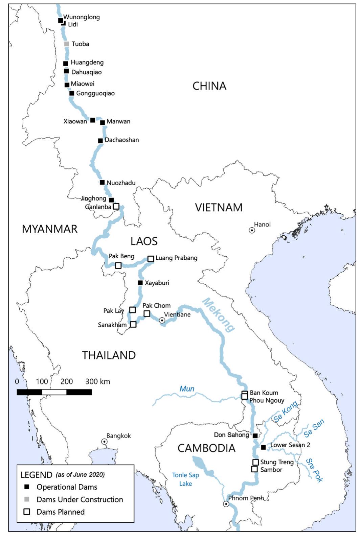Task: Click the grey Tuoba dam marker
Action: click(67, 44)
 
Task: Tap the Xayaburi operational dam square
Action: click(140, 283)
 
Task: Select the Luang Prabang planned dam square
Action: click(151, 259)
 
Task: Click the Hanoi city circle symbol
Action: click(252, 230)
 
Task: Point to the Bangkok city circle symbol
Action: click(105, 442)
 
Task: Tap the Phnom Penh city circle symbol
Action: click(226, 504)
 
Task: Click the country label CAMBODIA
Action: click(206, 448)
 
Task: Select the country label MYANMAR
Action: click(50, 229)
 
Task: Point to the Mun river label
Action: click(187, 389)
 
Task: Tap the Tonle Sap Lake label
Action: click(185, 479)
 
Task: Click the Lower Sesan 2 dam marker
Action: click(263, 447)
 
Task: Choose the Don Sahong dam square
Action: click(255, 436)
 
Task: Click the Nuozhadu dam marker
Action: click(102, 182)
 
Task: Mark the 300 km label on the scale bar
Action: click(97, 381)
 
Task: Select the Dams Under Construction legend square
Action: click(27, 499)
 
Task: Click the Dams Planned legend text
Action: click(61, 512)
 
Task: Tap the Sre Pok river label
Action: click(314, 470)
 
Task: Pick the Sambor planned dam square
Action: click(254, 469)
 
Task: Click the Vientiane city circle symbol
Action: click(162, 320)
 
